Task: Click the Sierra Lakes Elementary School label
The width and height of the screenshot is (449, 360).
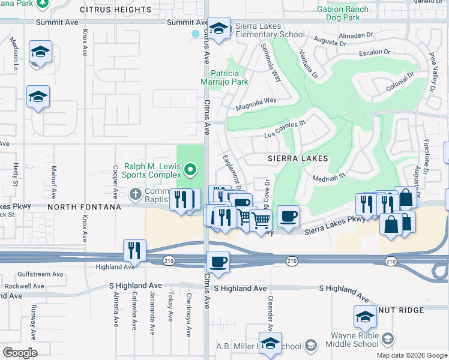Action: click(x=270, y=30)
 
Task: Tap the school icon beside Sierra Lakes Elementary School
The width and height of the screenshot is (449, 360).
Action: click(x=219, y=29)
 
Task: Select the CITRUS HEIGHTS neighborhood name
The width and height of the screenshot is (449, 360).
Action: click(x=115, y=10)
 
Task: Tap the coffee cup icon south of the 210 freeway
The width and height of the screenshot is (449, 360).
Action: click(x=217, y=262)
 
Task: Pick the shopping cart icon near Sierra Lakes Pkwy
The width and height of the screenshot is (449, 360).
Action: click(x=261, y=221)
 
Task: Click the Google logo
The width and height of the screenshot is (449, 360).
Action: click(x=20, y=353)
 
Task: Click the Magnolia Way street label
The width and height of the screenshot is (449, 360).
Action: click(x=256, y=103)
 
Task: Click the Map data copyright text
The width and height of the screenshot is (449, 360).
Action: click(x=412, y=355)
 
